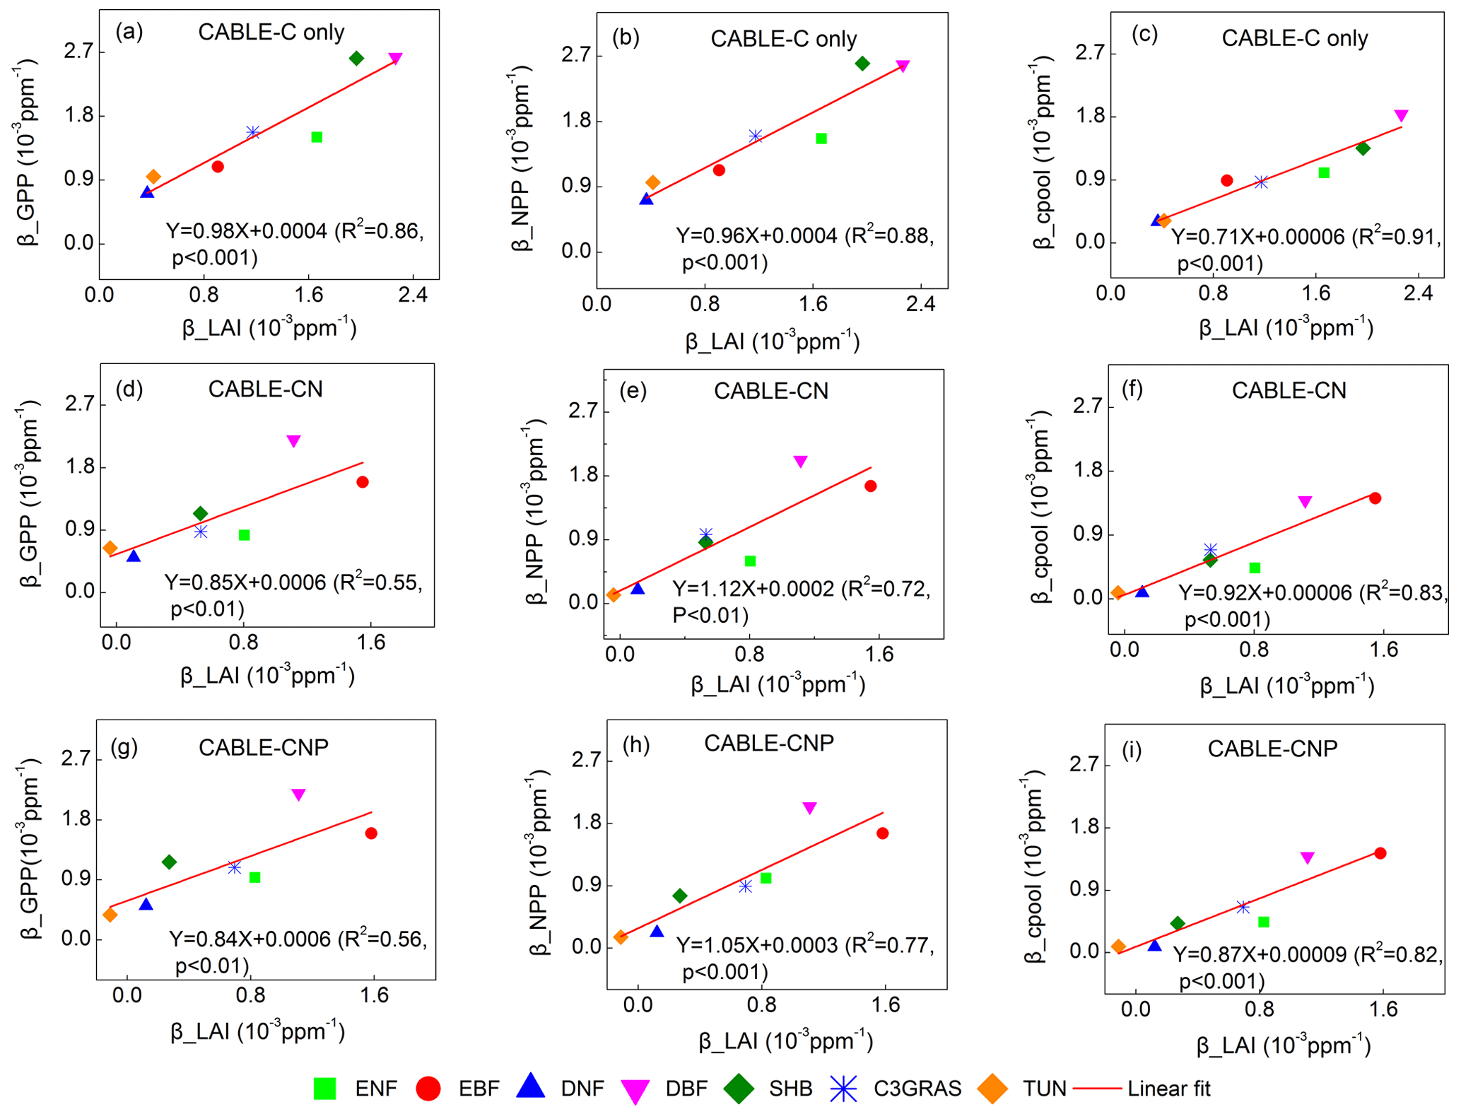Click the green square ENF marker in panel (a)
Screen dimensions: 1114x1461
click(317, 137)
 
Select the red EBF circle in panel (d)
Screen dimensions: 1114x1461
click(363, 482)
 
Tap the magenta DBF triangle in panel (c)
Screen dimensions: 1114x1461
click(1401, 115)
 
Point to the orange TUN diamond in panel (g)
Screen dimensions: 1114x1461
click(110, 915)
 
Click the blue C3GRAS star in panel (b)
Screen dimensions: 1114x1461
click(756, 136)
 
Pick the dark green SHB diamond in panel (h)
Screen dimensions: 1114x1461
click(679, 896)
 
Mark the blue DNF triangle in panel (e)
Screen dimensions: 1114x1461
click(638, 588)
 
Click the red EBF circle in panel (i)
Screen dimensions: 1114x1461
click(1380, 853)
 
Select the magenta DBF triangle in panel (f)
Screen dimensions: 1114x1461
click(1305, 502)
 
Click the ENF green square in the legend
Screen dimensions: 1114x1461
click(324, 1089)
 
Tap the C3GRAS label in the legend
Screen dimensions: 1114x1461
click(917, 1089)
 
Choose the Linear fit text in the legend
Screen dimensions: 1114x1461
click(1168, 1089)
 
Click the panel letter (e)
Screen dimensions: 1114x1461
click(633, 390)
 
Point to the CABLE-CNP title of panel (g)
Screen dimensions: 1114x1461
click(263, 747)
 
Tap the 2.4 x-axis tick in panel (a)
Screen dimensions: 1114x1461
click(413, 294)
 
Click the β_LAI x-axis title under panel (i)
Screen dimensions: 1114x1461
click(1283, 1046)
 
